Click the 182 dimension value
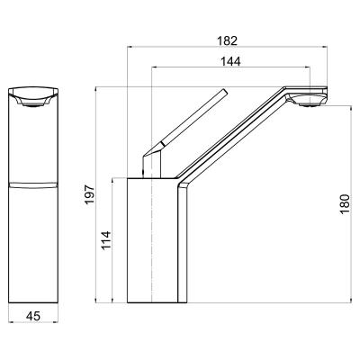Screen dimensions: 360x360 tap(227, 40)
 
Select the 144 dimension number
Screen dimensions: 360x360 tap(230, 61)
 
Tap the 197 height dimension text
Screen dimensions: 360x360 tap(89, 194)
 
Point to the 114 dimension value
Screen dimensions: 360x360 tap(106, 240)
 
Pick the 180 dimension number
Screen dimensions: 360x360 tap(345, 204)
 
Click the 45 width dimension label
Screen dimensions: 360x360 tap(33, 315)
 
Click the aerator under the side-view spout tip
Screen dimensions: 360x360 tap(310, 104)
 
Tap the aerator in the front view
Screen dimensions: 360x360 tap(33, 103)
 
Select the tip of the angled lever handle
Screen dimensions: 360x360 tap(225, 91)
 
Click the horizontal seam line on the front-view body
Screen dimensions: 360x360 tap(33, 184)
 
